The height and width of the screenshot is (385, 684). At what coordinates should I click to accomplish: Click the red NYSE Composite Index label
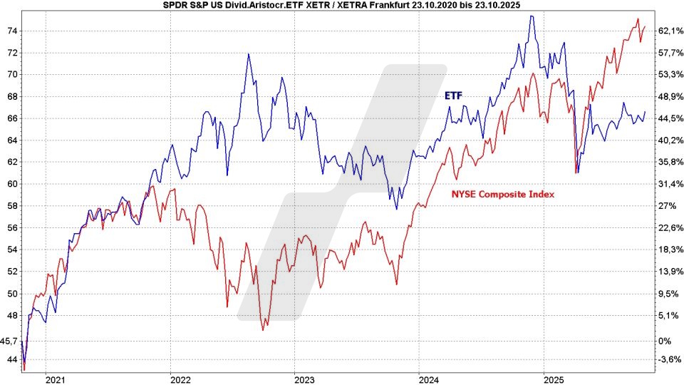pyautogui.click(x=503, y=194)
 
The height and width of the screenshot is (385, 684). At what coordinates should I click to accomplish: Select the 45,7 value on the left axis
pyautogui.click(x=10, y=342)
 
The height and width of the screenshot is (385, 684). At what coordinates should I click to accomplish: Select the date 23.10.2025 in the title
pyautogui.click(x=496, y=5)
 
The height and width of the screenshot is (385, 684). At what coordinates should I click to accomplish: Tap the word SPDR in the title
pyautogui.click(x=177, y=5)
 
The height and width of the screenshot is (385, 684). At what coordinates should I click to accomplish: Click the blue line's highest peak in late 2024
pyautogui.click(x=531, y=16)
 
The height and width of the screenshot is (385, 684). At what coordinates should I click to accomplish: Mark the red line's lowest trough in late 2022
pyautogui.click(x=263, y=329)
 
